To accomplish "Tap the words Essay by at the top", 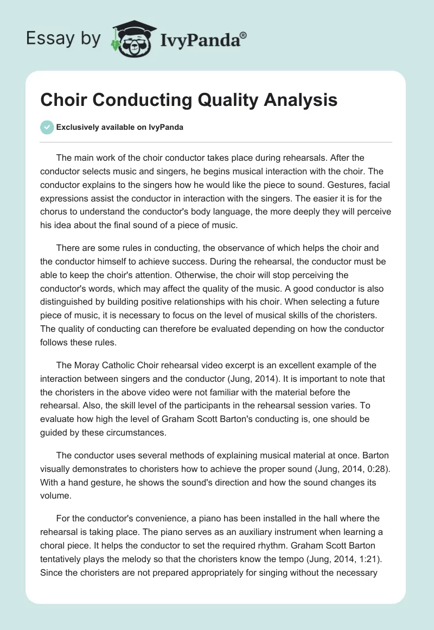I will pos(62,39).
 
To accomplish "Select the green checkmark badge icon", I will pos(47,127).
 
